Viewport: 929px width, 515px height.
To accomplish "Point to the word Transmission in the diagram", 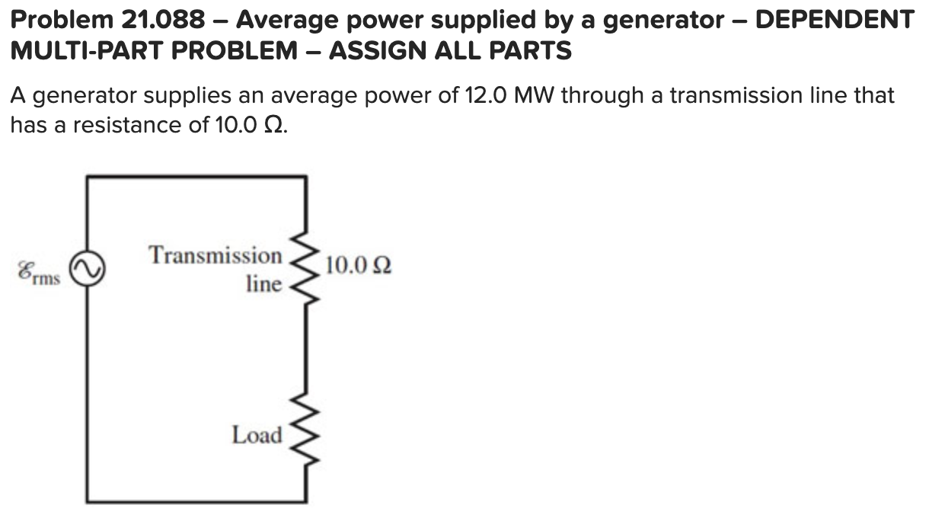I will (x=215, y=254).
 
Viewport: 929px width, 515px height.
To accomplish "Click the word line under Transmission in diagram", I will (x=263, y=283).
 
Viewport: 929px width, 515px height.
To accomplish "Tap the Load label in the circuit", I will (x=257, y=435).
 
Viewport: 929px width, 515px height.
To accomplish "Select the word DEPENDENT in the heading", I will (x=833, y=19).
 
